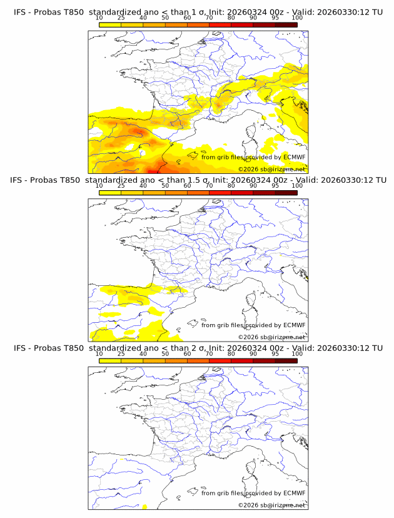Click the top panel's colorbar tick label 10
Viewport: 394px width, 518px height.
99,18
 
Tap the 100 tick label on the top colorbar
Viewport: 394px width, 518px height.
297,18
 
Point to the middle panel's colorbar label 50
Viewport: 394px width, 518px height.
165,186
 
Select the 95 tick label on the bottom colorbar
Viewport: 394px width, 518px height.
275,353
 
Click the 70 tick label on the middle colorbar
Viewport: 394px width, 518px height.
209,186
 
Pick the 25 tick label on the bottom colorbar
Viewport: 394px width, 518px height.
121,353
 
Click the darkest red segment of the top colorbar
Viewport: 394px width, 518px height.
286,24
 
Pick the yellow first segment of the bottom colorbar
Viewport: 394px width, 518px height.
110,360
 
